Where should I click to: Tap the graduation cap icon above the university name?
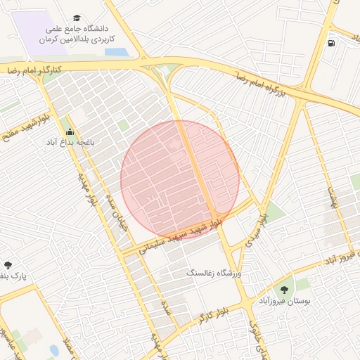tap(76, 18)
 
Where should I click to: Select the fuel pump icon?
tap(331, 43)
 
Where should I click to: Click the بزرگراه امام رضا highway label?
tap(261, 84)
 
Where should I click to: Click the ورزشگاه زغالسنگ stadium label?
tap(213, 272)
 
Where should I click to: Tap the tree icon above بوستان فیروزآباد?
tap(284, 289)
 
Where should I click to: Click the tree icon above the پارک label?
tap(8, 265)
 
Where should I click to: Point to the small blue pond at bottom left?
tap(54, 349)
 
